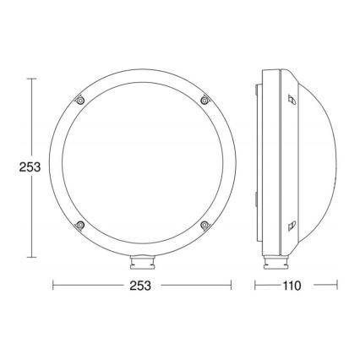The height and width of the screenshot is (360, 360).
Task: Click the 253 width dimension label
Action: click(140, 286)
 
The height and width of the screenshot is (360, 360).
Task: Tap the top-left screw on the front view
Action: click(79, 101)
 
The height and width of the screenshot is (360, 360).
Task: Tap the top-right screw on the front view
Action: click(204, 101)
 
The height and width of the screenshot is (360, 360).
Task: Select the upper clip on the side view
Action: click(292, 100)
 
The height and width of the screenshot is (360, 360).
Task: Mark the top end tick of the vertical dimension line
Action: click(31, 79)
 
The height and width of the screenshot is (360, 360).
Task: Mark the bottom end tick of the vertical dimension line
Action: click(31, 256)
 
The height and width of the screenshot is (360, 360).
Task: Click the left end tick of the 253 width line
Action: click(54, 286)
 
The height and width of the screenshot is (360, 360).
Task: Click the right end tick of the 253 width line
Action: click(228, 286)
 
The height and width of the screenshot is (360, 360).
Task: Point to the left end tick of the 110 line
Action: click(256, 286)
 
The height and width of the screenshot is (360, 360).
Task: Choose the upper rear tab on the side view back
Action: click(257, 89)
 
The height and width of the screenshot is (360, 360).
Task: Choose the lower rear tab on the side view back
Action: click(257, 199)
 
